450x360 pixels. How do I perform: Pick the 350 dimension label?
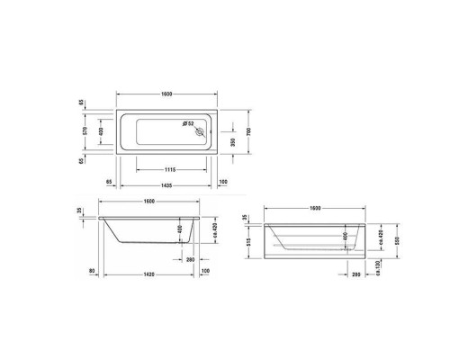point(237,140)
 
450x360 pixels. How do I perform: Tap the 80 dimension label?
point(92,270)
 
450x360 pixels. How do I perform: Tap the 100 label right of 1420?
point(205,270)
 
